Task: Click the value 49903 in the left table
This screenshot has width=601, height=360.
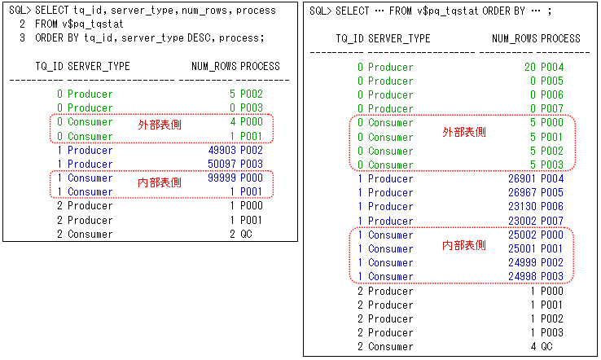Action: pyautogui.click(x=222, y=151)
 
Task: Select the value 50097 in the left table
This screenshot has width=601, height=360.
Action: pyautogui.click(x=222, y=165)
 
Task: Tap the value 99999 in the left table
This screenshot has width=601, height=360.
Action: pyautogui.click(x=222, y=178)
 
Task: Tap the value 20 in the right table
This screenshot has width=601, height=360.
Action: pyautogui.click(x=530, y=68)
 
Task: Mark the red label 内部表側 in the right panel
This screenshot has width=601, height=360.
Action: pyautogui.click(x=463, y=245)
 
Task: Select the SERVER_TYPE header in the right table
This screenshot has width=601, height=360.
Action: pyautogui.click(x=399, y=38)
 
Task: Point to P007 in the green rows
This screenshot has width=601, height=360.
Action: pyautogui.click(x=575, y=109)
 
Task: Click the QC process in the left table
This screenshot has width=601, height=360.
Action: pyautogui.click(x=246, y=235)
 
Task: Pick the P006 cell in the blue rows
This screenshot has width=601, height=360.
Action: pyautogui.click(x=575, y=207)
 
